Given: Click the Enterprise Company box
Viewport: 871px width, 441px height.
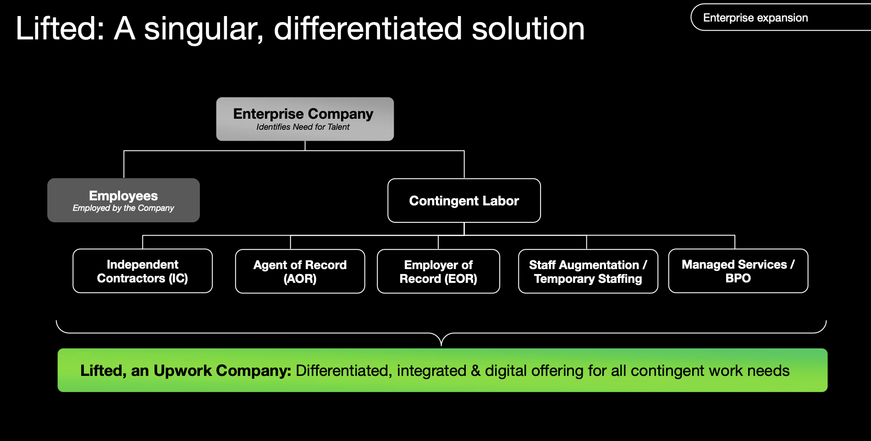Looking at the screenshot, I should tap(305, 119).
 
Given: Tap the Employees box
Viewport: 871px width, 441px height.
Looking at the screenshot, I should tap(123, 200).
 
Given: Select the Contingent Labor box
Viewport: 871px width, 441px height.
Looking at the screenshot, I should tap(464, 201).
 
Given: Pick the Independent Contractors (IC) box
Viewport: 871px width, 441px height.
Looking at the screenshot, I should tap(143, 271).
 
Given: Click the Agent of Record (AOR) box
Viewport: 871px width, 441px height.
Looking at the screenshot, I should tap(300, 271).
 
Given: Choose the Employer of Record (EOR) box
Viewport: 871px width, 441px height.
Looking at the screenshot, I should tap(438, 271).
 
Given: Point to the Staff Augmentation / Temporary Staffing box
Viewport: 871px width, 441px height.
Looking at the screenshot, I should tap(588, 271).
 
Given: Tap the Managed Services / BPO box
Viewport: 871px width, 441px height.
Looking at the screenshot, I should tap(738, 271).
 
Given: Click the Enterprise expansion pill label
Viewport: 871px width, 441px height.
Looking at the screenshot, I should tap(755, 18).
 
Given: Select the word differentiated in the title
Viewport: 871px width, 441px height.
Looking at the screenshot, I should tap(368, 28).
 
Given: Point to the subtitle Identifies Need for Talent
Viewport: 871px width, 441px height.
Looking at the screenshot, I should tap(303, 127).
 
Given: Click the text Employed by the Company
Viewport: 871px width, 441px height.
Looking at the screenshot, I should tap(123, 208).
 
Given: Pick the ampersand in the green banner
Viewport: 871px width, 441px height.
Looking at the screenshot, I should tap(476, 370).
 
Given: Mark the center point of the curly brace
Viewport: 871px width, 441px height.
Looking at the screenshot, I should tap(441, 342).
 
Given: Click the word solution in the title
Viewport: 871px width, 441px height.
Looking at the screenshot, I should tap(528, 28).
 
